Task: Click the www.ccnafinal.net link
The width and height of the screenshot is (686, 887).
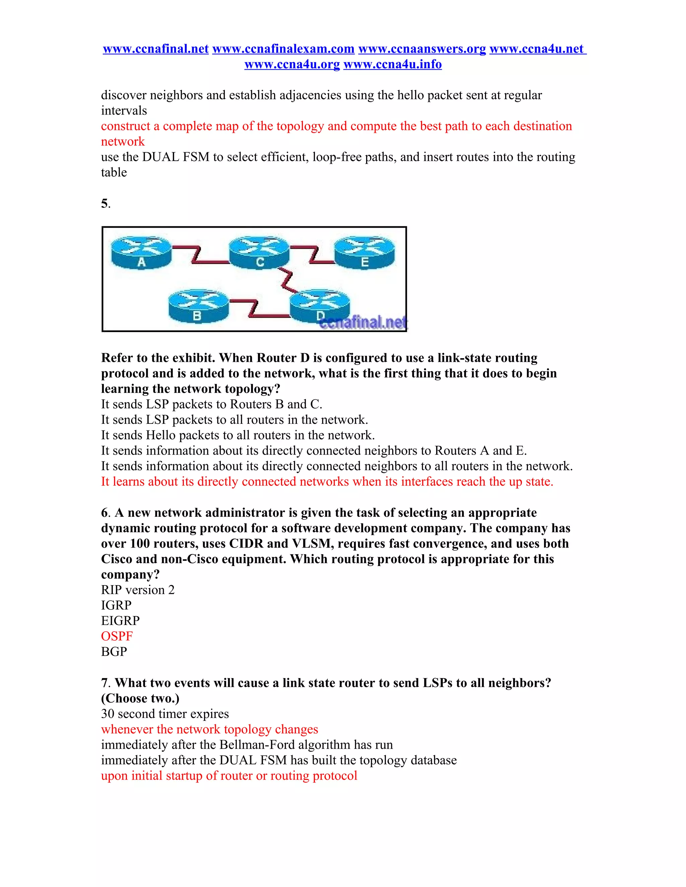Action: click(156, 49)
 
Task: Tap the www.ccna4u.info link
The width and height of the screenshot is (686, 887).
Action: click(392, 65)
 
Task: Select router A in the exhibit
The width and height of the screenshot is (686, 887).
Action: click(141, 253)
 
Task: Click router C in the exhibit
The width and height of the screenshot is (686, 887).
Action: click(259, 253)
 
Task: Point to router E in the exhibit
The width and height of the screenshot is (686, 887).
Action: click(364, 253)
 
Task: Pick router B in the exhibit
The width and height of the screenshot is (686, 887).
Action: click(198, 306)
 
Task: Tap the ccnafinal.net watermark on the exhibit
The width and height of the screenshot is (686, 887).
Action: click(363, 323)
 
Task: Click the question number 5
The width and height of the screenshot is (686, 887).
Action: click(105, 204)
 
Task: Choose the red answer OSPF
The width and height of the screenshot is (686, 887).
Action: click(117, 636)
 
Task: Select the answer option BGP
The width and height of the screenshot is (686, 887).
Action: click(114, 652)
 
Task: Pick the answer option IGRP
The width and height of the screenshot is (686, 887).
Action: click(116, 606)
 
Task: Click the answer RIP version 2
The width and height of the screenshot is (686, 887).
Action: click(138, 590)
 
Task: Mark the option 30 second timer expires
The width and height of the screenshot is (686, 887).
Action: click(164, 714)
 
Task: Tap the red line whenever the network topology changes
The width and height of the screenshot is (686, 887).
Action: click(209, 729)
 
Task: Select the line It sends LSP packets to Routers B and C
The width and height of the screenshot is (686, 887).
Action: click(211, 405)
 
